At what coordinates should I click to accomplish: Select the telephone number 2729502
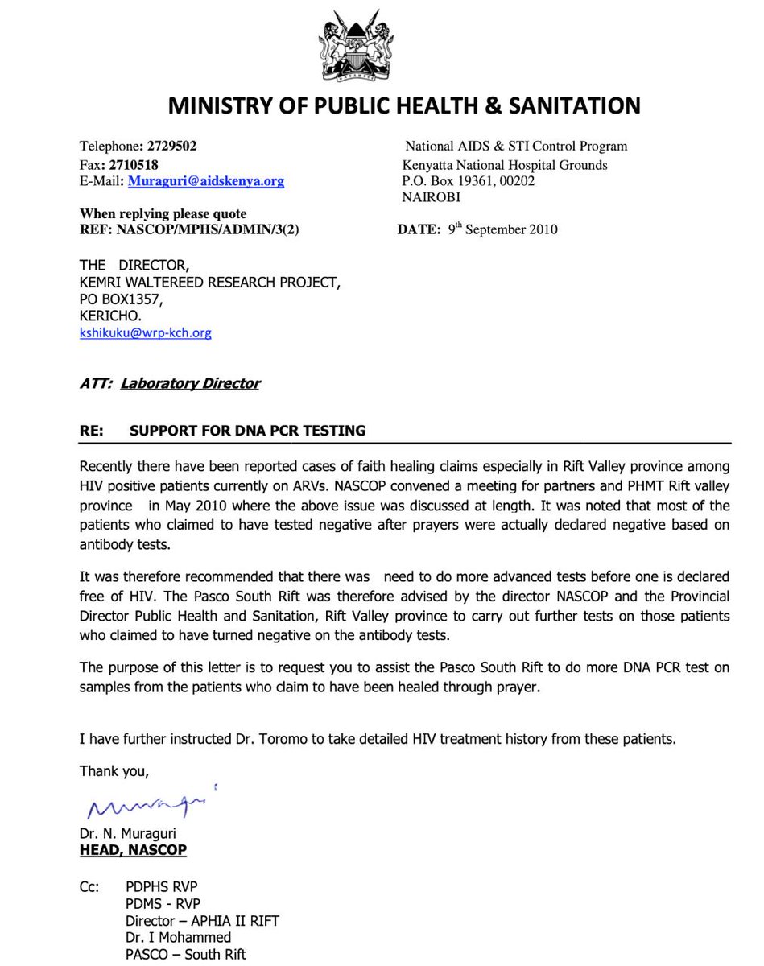pos(170,147)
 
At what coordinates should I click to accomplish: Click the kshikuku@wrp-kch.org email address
pos(145,332)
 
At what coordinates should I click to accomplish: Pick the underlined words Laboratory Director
pos(190,384)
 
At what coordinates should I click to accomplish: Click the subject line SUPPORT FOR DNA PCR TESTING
pos(247,431)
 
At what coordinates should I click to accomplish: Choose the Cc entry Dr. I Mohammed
pos(178,937)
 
